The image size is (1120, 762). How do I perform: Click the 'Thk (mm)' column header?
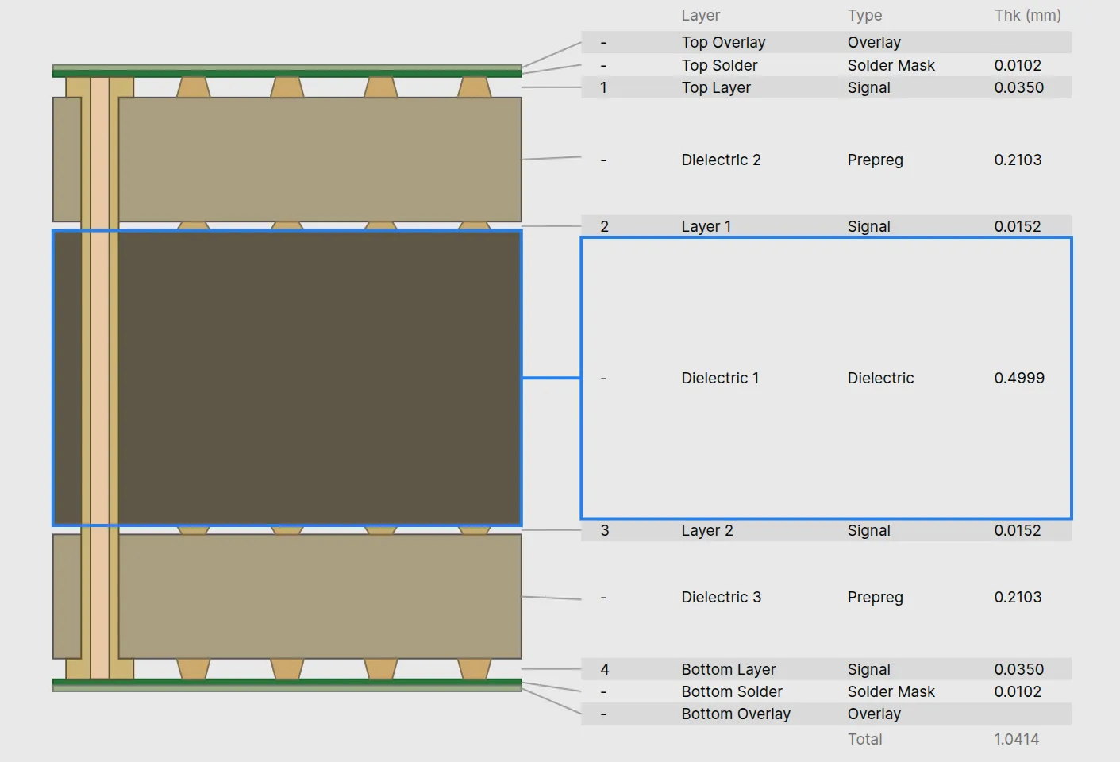coord(1027,15)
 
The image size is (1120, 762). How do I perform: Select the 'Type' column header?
coord(864,15)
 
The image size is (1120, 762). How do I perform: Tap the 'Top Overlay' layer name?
coord(723,42)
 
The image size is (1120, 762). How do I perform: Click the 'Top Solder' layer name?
coord(719,65)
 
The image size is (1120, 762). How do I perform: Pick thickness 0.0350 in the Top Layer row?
coord(1018,87)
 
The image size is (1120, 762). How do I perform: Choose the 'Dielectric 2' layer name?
coord(721,160)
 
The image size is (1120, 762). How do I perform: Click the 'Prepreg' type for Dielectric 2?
coord(875,160)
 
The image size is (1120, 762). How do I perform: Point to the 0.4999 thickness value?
coord(1019,378)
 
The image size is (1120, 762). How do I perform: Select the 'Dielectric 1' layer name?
coord(720,378)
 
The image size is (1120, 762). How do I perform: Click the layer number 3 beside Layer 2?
coord(604,530)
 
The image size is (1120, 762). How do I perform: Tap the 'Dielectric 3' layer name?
coord(721,597)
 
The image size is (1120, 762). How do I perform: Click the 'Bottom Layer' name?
coord(728,669)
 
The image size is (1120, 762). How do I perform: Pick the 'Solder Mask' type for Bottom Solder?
coord(891,691)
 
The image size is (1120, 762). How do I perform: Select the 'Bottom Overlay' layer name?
coord(735,714)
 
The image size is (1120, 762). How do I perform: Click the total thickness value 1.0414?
coord(1016,739)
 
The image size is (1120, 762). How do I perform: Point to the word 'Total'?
coord(864,739)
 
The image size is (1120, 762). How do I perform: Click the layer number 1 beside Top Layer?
coord(603,87)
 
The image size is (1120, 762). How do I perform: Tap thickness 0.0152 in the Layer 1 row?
coord(1018,226)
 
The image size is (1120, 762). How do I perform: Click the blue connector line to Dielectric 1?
coord(551,378)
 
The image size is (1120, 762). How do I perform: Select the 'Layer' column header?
coord(700,15)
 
